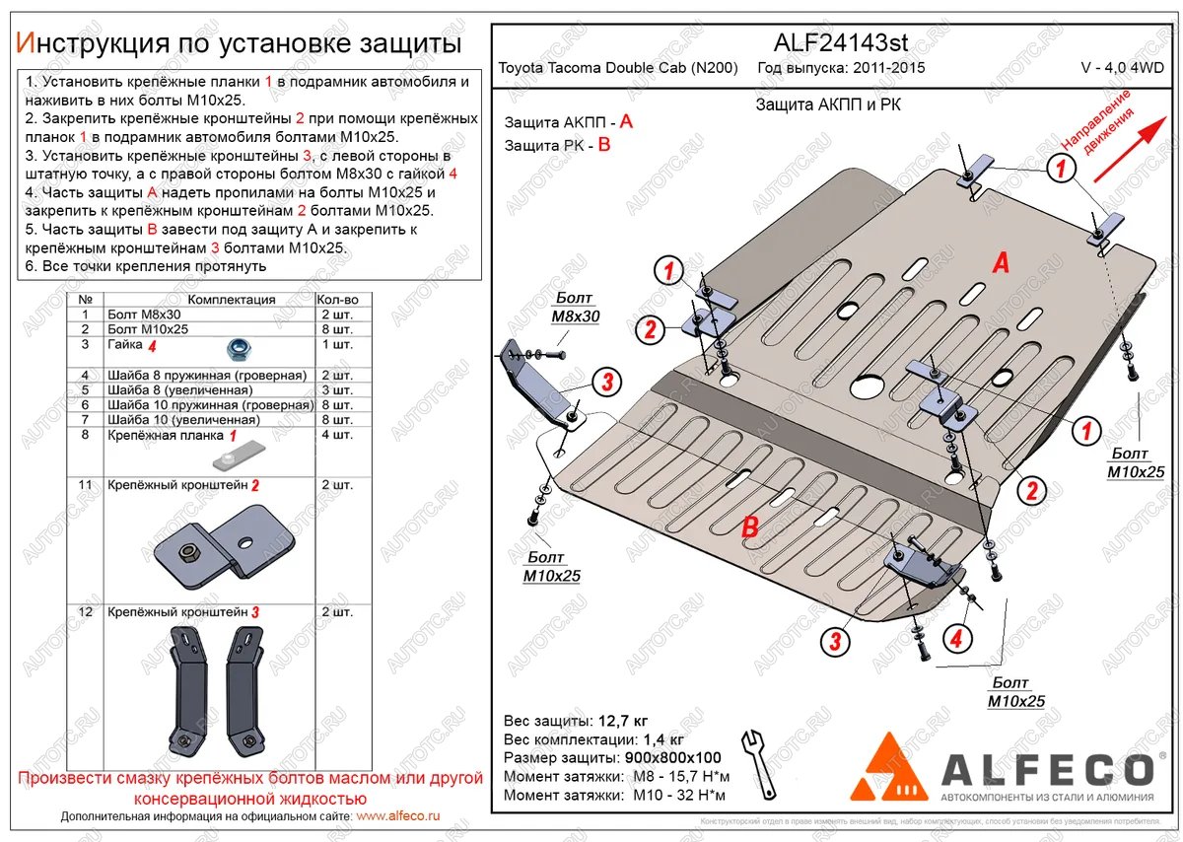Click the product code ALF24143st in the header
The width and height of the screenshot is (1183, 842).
837,42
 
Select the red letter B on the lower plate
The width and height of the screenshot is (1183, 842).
749,528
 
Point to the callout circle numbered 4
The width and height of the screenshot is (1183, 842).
953,640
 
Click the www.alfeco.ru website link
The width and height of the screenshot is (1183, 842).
398,817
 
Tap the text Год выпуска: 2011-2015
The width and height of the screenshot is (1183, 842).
841,68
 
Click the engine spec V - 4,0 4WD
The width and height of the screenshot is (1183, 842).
1122,68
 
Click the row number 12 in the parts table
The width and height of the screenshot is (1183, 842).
85,612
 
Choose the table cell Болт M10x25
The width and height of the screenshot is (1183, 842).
147,329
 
